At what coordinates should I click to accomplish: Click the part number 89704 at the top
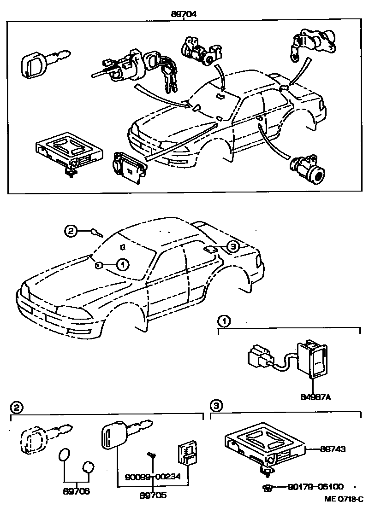184,14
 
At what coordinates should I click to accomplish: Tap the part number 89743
333,449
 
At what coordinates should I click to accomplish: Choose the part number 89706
77,491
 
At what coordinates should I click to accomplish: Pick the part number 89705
153,496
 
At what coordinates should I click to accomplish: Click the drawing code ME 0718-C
344,499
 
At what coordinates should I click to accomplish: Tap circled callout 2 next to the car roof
70,232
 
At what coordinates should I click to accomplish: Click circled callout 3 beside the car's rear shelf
233,247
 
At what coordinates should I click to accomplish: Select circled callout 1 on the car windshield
122,264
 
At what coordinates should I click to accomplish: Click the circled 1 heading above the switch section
222,321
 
